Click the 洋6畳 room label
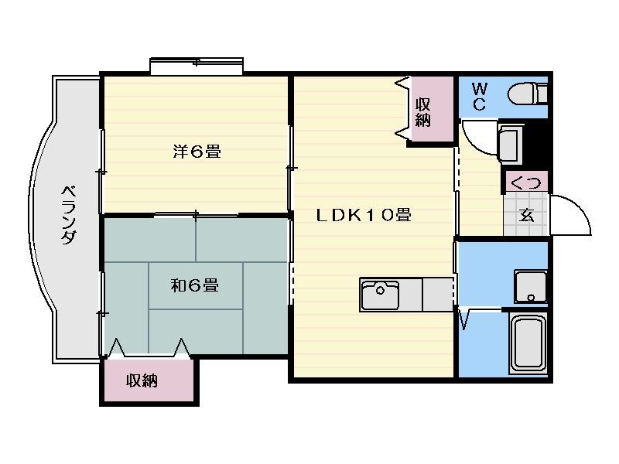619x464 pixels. click(x=197, y=152)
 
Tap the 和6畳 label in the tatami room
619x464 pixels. click(x=195, y=285)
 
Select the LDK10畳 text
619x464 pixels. click(x=364, y=215)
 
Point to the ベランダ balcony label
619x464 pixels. click(x=69, y=215)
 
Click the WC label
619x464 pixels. click(x=479, y=96)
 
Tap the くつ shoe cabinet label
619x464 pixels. click(x=526, y=183)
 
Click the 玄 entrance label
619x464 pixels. click(x=527, y=215)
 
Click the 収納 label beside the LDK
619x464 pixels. click(x=422, y=112)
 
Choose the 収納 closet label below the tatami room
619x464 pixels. click(x=142, y=380)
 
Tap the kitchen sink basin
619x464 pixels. click(x=380, y=295)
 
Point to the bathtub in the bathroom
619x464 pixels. click(x=528, y=342)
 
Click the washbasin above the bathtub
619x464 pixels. click(x=531, y=286)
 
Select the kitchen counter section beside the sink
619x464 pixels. click(x=437, y=295)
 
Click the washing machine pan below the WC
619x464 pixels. click(x=510, y=144)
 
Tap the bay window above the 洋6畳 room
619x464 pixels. click(x=197, y=66)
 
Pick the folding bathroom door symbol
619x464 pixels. click(x=464, y=319)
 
